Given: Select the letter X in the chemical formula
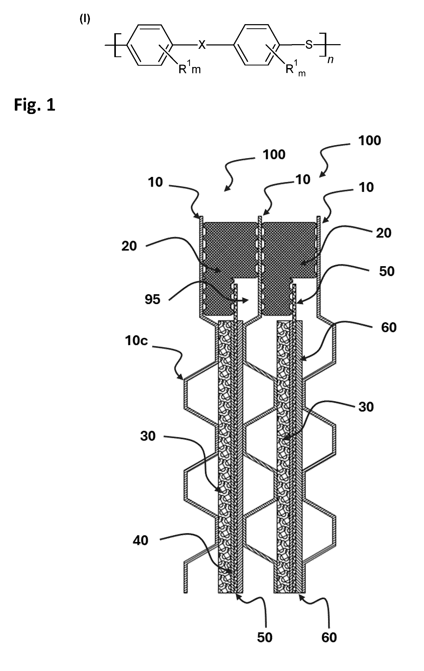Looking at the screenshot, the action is click(x=202, y=45).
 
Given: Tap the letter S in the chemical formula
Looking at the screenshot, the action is click(x=309, y=45).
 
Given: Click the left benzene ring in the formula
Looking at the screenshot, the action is click(x=149, y=45).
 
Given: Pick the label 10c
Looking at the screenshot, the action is click(x=136, y=341).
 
